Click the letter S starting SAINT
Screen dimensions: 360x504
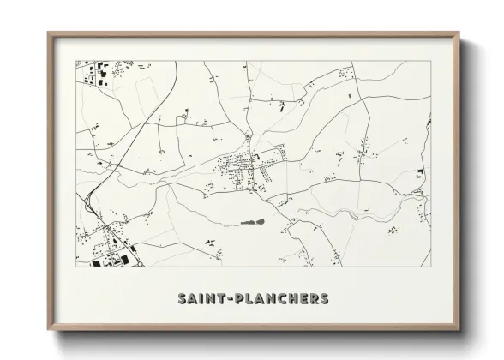pyautogui.click(x=182, y=299)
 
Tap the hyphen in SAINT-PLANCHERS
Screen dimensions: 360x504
pyautogui.click(x=228, y=299)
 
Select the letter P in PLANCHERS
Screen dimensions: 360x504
pyautogui.click(x=237, y=299)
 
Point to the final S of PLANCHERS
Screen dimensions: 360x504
pyautogui.click(x=322, y=299)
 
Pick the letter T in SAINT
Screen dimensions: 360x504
pyautogui.click(x=219, y=299)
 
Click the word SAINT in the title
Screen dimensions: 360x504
pyautogui.click(x=201, y=299)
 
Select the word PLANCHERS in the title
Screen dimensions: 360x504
pyautogui.click(x=279, y=299)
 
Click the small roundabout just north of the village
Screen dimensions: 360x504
pyautogui.click(x=248, y=136)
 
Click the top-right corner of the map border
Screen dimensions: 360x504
pyautogui.click(x=430, y=60)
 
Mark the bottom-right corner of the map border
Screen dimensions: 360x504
pyautogui.click(x=430, y=267)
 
